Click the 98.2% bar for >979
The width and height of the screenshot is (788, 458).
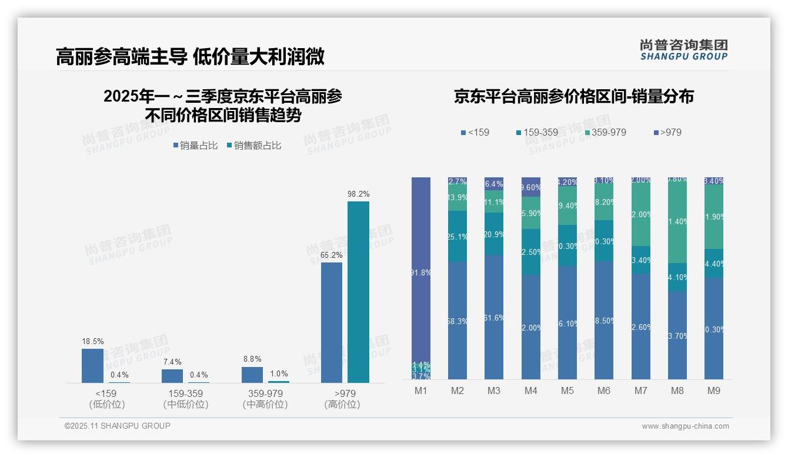(x=358, y=292)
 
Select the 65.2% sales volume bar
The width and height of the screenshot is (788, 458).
(x=332, y=322)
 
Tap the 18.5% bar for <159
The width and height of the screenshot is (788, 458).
(x=92, y=365)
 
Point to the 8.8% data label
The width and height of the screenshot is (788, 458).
(x=252, y=359)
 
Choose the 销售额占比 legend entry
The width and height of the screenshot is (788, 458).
(x=253, y=146)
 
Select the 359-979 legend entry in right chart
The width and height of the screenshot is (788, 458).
(x=605, y=132)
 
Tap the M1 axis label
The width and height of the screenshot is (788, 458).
(x=421, y=390)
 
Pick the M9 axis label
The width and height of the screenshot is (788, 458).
(x=714, y=390)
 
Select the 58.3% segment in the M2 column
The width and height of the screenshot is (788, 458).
(x=458, y=320)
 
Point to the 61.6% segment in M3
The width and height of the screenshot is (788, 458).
(x=494, y=317)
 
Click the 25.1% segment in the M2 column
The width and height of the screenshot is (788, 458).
(x=458, y=236)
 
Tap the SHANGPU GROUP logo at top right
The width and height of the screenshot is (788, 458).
(x=683, y=49)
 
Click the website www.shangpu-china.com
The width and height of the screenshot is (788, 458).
(x=685, y=426)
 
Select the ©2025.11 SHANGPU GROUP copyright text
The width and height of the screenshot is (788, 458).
(x=118, y=426)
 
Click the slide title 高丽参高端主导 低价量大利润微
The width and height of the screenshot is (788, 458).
(x=190, y=56)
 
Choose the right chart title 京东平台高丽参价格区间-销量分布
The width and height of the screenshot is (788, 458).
(x=573, y=96)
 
